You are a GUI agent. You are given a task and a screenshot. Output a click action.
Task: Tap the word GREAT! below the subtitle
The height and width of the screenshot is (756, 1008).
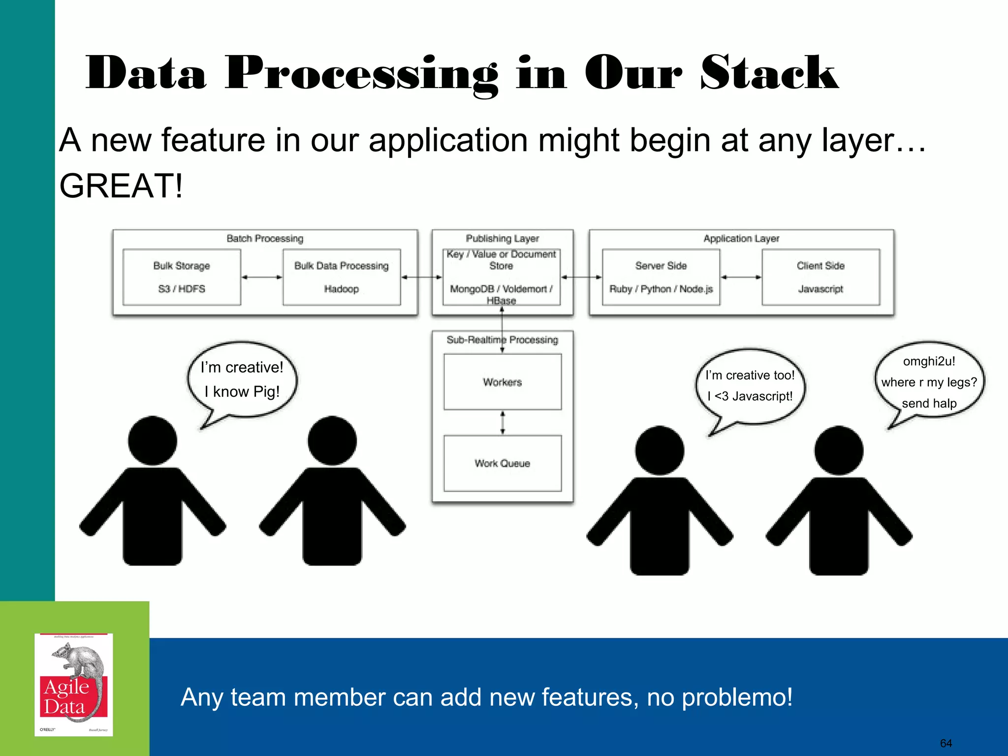tap(121, 186)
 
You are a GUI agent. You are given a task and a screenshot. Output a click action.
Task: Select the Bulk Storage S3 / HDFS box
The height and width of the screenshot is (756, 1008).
tap(182, 277)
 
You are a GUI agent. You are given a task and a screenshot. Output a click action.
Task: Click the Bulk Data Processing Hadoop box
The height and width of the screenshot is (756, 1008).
tap(342, 277)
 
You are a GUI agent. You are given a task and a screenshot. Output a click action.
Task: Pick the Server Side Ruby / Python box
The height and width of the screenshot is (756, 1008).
tap(661, 277)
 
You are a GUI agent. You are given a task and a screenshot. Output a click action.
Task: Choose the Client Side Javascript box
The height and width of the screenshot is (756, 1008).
tap(820, 277)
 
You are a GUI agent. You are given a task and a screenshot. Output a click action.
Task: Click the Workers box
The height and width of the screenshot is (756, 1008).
tap(502, 382)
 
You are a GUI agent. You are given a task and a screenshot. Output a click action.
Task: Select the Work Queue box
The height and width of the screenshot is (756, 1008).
tap(502, 463)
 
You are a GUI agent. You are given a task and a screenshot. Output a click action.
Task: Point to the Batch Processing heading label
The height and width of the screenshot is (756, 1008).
tap(265, 239)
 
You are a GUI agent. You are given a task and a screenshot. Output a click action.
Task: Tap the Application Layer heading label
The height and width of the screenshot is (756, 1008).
tap(741, 239)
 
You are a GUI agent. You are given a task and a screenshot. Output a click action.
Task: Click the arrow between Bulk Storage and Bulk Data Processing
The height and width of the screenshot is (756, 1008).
tap(262, 277)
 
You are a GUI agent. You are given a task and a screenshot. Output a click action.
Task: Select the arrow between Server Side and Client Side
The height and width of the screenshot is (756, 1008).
tap(741, 277)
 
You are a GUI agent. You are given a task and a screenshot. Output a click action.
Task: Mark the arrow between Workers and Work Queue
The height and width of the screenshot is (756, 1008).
tap(502, 422)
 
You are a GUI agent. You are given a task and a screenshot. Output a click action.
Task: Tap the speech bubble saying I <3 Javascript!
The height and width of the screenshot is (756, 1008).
tap(750, 386)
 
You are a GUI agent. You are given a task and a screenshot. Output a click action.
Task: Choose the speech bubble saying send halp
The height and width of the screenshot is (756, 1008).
tap(929, 382)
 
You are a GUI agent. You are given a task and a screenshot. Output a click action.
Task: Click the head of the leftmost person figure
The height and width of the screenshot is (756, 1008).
tap(153, 441)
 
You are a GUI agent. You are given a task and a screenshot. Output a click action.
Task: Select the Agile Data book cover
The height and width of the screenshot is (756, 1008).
tap(74, 685)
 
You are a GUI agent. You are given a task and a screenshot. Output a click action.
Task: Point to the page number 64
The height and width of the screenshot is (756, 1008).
tap(945, 743)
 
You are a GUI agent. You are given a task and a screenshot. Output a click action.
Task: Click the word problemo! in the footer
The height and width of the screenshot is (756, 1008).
tap(720, 697)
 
